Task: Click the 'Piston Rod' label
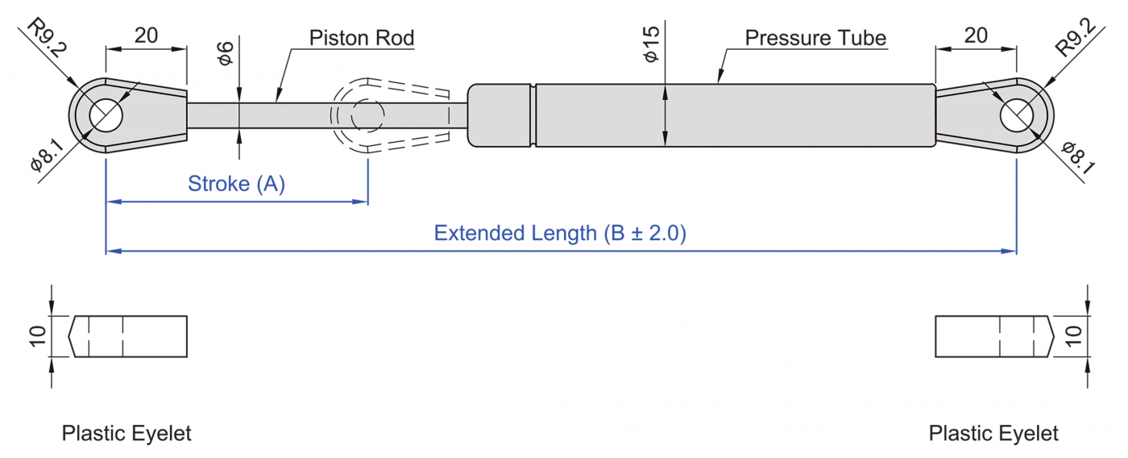[x=362, y=37]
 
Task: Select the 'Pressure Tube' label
[x=815, y=38]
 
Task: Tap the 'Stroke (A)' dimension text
[x=236, y=184]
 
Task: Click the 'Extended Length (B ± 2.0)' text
[x=559, y=234]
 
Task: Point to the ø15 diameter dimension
[x=651, y=44]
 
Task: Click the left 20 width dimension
[x=146, y=35]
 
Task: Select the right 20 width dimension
[x=975, y=35]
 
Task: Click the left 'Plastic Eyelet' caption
[x=126, y=433]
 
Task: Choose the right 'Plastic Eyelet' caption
[x=993, y=433]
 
